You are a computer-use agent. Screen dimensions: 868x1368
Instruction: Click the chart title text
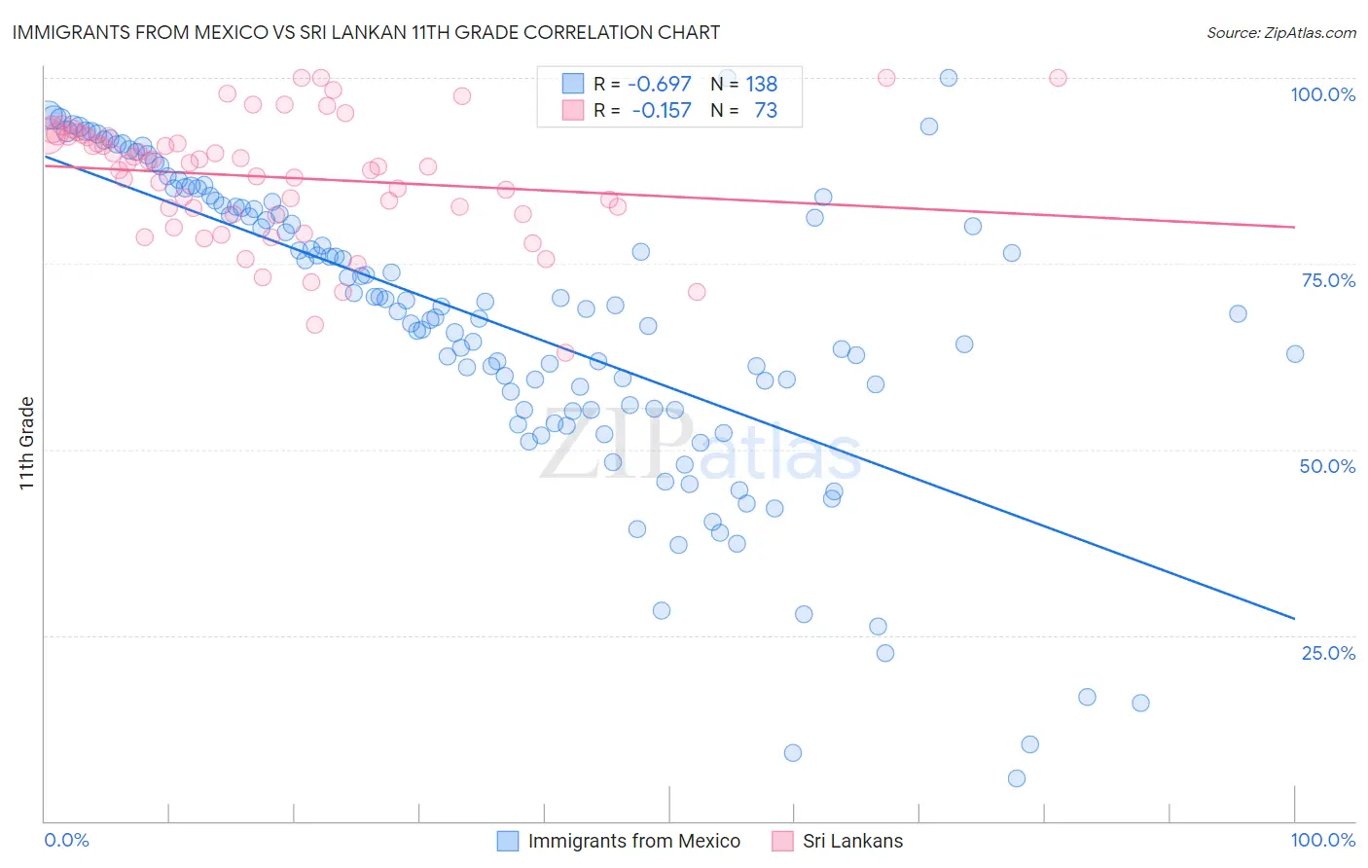click(366, 32)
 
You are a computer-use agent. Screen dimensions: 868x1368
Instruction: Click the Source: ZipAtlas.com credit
click(1280, 33)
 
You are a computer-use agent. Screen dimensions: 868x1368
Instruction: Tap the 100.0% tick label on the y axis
click(1322, 94)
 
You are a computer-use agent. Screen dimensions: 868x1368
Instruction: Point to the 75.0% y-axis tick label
click(1328, 280)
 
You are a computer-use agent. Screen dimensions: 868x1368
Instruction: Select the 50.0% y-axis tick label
click(1327, 466)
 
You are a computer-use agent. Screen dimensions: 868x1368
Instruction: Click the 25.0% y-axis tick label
click(1328, 653)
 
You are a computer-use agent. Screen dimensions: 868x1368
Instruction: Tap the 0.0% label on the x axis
click(66, 840)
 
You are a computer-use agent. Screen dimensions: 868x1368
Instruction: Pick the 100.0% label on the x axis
click(1322, 840)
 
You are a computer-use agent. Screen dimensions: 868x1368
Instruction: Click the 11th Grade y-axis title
click(26, 443)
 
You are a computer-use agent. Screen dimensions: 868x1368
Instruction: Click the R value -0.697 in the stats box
click(660, 85)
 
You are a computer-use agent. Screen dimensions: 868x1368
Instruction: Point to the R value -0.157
click(661, 111)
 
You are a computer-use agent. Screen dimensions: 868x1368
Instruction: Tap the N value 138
click(762, 85)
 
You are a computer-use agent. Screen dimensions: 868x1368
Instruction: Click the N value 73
click(766, 111)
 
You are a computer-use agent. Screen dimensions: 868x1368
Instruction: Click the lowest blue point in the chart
click(1017, 778)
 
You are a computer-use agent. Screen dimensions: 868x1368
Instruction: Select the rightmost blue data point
click(1295, 354)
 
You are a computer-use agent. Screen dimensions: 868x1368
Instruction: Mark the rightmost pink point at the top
click(1058, 78)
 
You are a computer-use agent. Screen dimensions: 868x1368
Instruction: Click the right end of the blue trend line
click(1294, 618)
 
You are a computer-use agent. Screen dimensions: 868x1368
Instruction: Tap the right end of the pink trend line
click(1294, 227)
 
